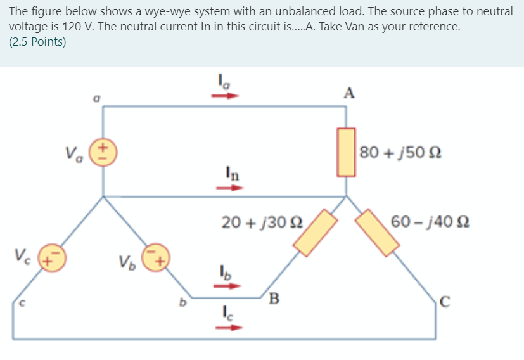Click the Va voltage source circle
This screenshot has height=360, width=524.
coord(105,153)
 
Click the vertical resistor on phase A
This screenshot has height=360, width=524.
coord(345,151)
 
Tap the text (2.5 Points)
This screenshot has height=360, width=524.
coord(37,42)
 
